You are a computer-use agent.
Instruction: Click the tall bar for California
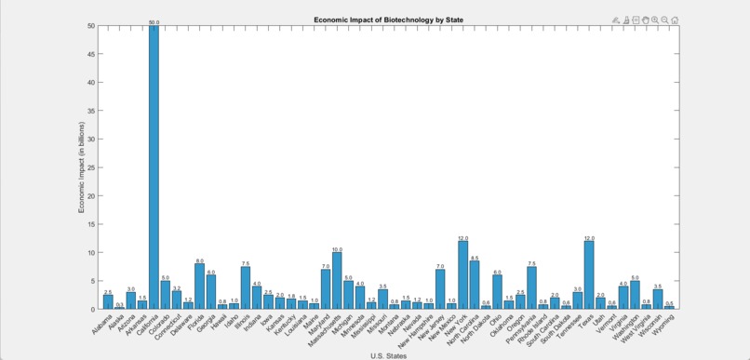pos(154,167)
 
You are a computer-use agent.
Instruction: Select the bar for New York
pos(462,275)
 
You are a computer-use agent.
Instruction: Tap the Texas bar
pos(589,275)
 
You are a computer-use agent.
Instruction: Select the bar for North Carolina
pos(475,285)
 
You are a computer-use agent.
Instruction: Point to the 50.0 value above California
pos(154,21)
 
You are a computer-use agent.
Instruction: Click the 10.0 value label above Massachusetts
pos(337,249)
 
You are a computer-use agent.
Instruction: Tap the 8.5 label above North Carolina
pos(475,258)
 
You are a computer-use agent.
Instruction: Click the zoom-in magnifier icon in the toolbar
pos(654,20)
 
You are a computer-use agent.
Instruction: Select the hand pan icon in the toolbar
pos(645,20)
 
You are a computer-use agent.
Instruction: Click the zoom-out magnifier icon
pos(664,20)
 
